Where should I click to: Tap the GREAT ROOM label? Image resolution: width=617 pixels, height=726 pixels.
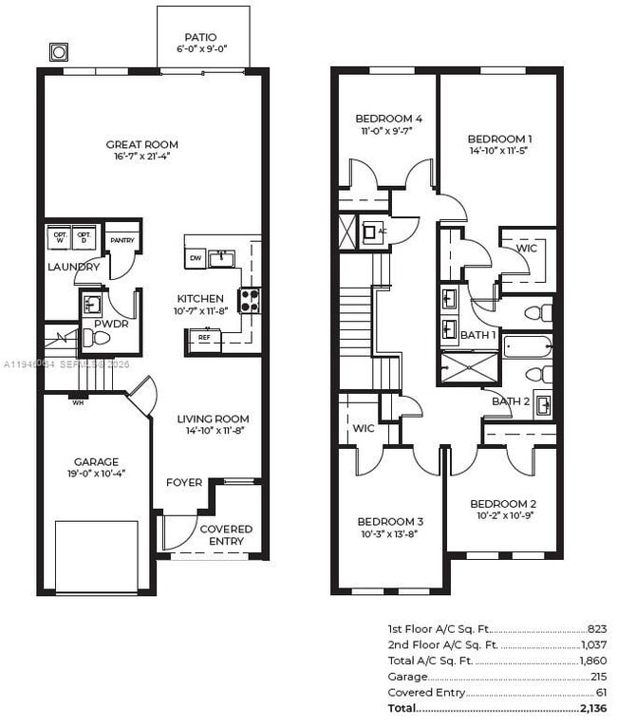click(x=142, y=145)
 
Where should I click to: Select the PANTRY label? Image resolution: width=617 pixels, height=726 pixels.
click(x=122, y=240)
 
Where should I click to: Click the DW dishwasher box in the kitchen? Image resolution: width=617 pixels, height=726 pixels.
click(x=195, y=258)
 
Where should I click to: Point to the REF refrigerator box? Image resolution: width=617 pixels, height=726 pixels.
click(x=203, y=337)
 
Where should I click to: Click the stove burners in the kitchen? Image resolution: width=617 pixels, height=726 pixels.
click(x=250, y=301)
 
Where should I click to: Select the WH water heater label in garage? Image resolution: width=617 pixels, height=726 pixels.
click(x=77, y=401)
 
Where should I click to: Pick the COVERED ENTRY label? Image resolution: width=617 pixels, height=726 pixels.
click(x=226, y=535)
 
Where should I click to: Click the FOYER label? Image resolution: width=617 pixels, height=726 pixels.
click(x=184, y=483)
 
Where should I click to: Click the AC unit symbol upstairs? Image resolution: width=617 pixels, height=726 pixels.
click(x=371, y=231)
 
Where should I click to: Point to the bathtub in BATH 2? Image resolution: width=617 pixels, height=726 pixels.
click(x=527, y=346)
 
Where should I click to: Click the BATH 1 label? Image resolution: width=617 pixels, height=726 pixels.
click(x=478, y=335)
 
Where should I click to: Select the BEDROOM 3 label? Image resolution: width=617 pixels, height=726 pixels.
click(x=390, y=522)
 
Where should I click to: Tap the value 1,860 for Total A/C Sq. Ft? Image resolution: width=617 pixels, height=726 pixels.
click(x=592, y=661)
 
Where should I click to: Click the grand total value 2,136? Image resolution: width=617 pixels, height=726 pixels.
click(x=592, y=708)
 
